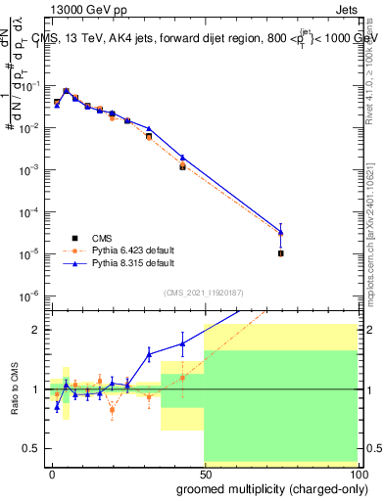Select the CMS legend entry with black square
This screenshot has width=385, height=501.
[76, 237]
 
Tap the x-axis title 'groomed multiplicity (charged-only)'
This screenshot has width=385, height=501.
[267, 487]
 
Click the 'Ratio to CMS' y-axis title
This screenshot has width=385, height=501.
[14, 388]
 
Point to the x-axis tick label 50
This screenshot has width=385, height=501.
[204, 473]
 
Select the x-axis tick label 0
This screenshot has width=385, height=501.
[51, 473]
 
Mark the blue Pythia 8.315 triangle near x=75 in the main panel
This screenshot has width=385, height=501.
[280, 232]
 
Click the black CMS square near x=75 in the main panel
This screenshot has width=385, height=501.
[280, 253]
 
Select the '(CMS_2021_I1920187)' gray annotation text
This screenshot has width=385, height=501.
[203, 292]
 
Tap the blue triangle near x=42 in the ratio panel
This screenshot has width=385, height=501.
[182, 343]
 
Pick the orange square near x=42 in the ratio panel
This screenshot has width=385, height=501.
[182, 378]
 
